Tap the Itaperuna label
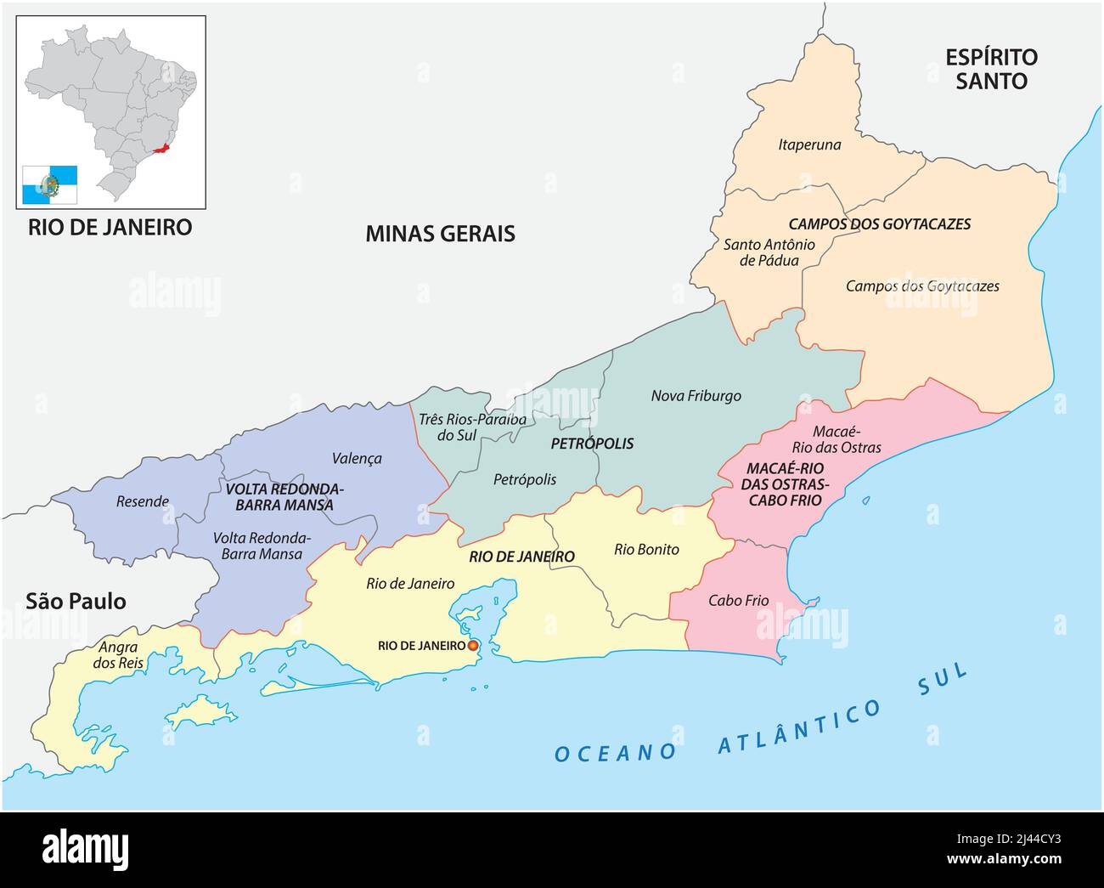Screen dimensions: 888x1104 pyautogui.click(x=809, y=144)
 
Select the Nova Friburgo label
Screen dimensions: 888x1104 pyautogui.click(x=696, y=396)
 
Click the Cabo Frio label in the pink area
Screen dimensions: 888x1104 pyautogui.click(x=738, y=601)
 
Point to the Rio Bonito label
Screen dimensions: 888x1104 pyautogui.click(x=646, y=550)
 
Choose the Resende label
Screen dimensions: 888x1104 pyautogui.click(x=143, y=501)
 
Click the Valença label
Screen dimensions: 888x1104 pyautogui.click(x=357, y=459)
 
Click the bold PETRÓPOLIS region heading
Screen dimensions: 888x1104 pyautogui.click(x=592, y=444)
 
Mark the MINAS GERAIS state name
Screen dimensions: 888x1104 pyautogui.click(x=440, y=234)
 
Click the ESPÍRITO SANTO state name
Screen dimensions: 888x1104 pyautogui.click(x=991, y=69)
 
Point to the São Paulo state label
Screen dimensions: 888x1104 pyautogui.click(x=76, y=602)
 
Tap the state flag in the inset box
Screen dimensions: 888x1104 pyautogui.click(x=49, y=184)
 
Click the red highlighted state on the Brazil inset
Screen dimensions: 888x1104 pyautogui.click(x=161, y=153)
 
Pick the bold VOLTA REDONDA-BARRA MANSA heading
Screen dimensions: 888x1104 pyautogui.click(x=284, y=497)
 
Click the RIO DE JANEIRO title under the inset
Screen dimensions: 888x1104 pyautogui.click(x=110, y=228)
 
